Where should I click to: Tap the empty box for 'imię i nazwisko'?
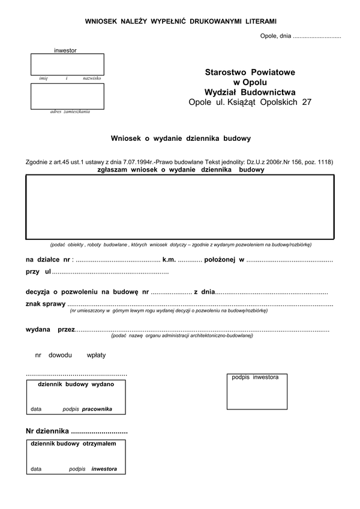click(67, 64)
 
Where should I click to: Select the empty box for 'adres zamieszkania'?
click(67, 95)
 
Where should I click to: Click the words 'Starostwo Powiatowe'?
click(250, 71)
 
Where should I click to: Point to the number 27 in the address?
click(307, 103)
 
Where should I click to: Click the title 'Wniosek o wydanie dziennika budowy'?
click(181, 138)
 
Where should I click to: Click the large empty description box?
click(180, 207)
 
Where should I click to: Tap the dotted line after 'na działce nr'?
click(118, 260)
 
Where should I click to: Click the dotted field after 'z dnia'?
click(271, 292)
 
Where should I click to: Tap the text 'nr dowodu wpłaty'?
click(70, 356)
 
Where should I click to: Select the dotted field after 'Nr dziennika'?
click(99, 431)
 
